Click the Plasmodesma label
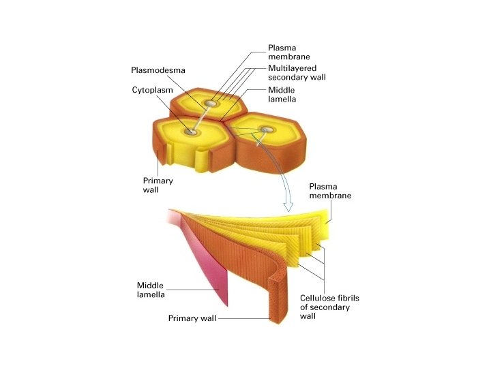tap(158, 70)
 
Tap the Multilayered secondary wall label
tap(297, 73)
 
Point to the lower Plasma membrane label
tap(330, 191)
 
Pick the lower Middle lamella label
tap(151, 290)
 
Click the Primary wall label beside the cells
tap(158, 185)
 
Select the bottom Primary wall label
tap(192, 318)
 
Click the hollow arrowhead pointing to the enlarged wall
tap(289, 204)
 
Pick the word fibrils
tap(352, 298)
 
